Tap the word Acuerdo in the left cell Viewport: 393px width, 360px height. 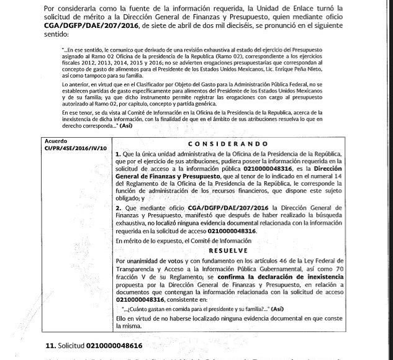click(49, 141)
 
